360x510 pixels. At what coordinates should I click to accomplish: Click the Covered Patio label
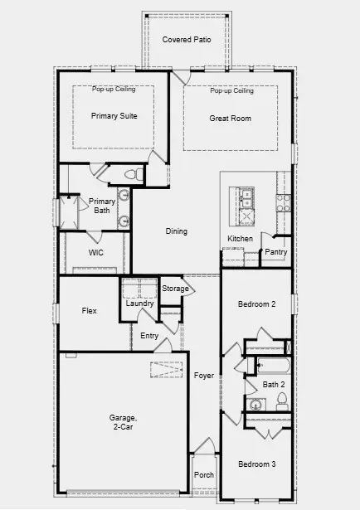click(x=186, y=39)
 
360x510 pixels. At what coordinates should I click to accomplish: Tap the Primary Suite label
click(x=114, y=116)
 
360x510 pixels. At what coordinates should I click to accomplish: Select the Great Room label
click(x=230, y=119)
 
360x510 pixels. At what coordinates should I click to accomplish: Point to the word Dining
click(x=176, y=231)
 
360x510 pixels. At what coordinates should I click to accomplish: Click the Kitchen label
click(x=241, y=239)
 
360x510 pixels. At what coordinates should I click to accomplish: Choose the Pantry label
click(x=276, y=252)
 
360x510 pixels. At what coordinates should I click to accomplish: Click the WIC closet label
click(x=96, y=253)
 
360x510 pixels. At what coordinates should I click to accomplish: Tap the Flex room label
click(x=90, y=311)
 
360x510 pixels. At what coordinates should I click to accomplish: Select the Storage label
click(x=174, y=289)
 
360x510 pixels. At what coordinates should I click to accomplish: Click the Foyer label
click(x=204, y=376)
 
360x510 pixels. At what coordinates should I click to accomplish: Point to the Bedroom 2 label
click(x=256, y=304)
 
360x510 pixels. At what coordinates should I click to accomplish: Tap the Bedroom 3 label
click(x=256, y=464)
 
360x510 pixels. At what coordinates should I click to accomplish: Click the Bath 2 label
click(x=273, y=384)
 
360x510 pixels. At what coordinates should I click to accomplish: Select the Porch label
click(x=203, y=476)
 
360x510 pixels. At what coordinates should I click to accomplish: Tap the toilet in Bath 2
click(x=281, y=401)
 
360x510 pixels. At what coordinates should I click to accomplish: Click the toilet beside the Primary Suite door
click(x=129, y=174)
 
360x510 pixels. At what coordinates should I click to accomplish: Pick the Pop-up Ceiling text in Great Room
click(x=231, y=91)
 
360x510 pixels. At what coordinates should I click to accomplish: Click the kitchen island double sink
click(x=246, y=197)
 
